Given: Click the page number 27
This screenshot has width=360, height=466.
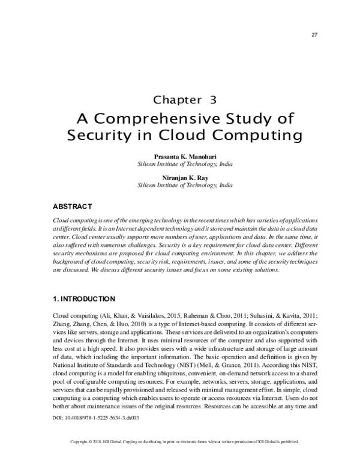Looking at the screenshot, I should (x=314, y=34).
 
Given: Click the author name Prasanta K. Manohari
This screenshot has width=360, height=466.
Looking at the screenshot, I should (x=180, y=156).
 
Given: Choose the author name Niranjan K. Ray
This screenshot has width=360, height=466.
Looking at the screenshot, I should (x=180, y=178).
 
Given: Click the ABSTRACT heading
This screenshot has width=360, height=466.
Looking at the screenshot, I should (x=72, y=207).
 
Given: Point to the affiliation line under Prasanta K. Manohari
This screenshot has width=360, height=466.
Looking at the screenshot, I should (x=180, y=163).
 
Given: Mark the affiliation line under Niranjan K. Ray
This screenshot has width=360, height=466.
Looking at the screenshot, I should (x=180, y=186).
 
